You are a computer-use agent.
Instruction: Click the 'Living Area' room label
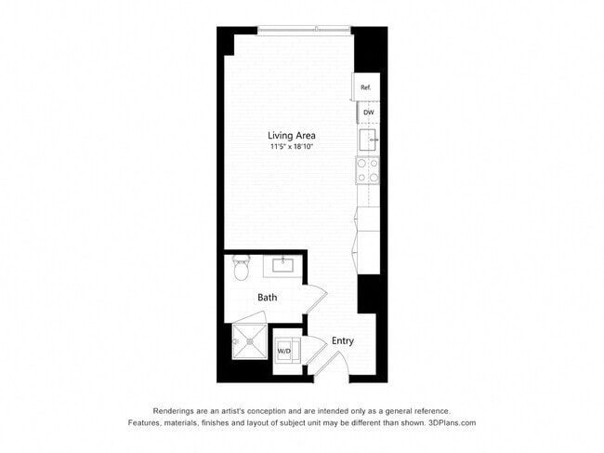pyautogui.click(x=292, y=136)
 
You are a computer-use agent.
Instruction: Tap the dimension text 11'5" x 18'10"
pyautogui.click(x=292, y=147)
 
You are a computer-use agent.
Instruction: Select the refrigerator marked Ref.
pyautogui.click(x=366, y=87)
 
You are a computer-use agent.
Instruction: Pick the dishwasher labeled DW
pyautogui.click(x=368, y=113)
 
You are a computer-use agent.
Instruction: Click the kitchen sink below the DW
pyautogui.click(x=367, y=140)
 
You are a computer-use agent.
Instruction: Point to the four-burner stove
pyautogui.click(x=367, y=169)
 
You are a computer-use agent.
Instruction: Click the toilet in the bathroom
pyautogui.click(x=242, y=269)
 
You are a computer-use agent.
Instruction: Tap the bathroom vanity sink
pyautogui.click(x=279, y=266)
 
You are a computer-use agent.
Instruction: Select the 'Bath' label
pyautogui.click(x=268, y=298)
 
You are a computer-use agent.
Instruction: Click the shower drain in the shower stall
pyautogui.click(x=247, y=342)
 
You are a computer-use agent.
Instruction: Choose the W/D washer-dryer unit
pyautogui.click(x=284, y=351)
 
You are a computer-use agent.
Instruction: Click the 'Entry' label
pyautogui.click(x=342, y=340)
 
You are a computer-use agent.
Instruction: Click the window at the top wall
pyautogui.click(x=304, y=30)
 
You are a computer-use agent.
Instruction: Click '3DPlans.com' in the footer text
pyautogui.click(x=451, y=422)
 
